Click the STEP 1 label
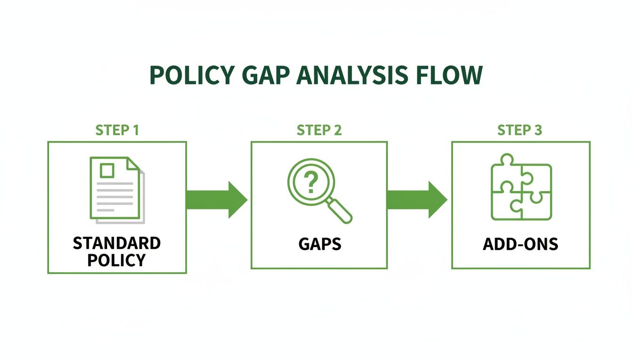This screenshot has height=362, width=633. pyautogui.click(x=117, y=130)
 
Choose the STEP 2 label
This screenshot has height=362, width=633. pyautogui.click(x=319, y=130)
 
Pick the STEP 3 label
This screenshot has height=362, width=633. pyautogui.click(x=520, y=130)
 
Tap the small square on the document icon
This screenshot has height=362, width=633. pyautogui.click(x=107, y=170)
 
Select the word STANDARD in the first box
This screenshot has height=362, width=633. pyautogui.click(x=117, y=244)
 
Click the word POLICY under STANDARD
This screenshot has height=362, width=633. pyautogui.click(x=117, y=260)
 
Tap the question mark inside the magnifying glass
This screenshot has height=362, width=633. pyautogui.click(x=309, y=182)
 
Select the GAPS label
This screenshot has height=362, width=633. pyautogui.click(x=319, y=244)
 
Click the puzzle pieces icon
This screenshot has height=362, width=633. pyautogui.click(x=521, y=191)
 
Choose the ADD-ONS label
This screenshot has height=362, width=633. pyautogui.click(x=520, y=244)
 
